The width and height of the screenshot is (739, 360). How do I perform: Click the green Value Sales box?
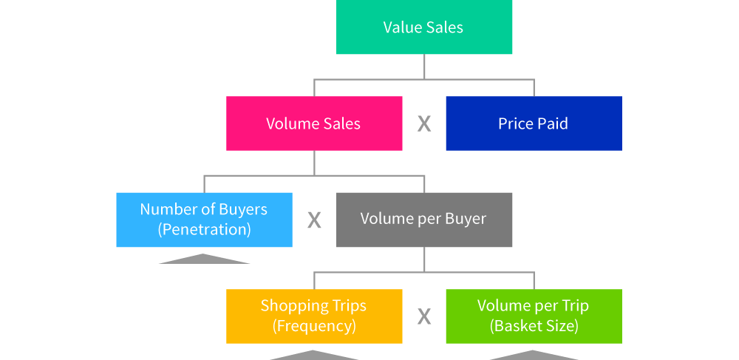pos(424,27)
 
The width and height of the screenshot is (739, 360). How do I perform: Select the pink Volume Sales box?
pos(314,123)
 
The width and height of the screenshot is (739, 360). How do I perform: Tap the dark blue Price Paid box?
pos(534,123)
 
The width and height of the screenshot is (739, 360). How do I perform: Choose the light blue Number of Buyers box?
pos(204,220)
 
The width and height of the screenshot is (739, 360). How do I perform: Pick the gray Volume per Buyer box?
pos(424,220)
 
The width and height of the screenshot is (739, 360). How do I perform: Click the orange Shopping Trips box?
pos(314,316)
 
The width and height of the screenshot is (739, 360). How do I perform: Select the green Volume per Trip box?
pos(534,316)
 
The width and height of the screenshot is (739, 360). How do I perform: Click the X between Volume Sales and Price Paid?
pos(424,123)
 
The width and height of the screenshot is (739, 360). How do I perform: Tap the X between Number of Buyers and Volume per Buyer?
pos(314,220)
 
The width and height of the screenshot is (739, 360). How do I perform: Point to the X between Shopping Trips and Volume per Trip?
pos(424,316)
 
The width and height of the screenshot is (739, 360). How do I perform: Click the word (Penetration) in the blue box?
pos(204,229)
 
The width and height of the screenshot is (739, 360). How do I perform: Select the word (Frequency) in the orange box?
pos(314,325)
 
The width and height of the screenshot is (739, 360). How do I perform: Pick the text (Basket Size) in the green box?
pos(534,325)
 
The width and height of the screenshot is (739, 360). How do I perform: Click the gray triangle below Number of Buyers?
pos(204,259)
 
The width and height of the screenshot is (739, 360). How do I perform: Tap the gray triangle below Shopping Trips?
pos(314,356)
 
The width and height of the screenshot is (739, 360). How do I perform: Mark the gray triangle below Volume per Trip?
pos(534,356)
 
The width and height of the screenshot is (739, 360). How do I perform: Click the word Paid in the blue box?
pos(553,123)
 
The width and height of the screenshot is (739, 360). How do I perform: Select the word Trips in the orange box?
pos(349,306)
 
